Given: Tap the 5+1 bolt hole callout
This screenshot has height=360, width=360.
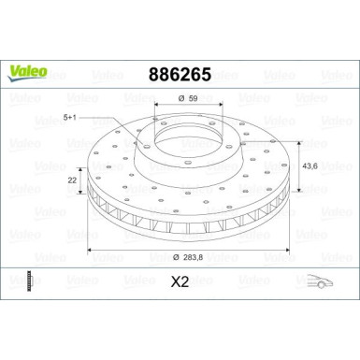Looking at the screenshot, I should (x=72, y=117).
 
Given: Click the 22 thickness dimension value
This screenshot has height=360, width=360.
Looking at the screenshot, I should (x=70, y=178).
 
